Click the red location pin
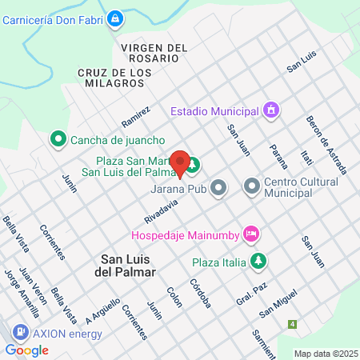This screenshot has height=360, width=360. point(181,163)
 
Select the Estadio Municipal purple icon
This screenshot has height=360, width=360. point(271,110)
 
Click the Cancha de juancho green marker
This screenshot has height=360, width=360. point(58,139)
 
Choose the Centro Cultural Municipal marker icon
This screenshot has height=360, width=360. point(252,187)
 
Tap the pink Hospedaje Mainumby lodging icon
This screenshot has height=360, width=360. point(250,234)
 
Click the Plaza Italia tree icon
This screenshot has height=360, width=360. point(258,261)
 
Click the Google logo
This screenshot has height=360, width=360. point(26,350)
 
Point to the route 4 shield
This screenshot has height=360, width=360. point(293,324)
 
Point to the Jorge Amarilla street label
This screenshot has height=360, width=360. point(21,297)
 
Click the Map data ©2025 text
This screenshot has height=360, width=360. point(325,354)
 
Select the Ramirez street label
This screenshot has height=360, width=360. point(136,117)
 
